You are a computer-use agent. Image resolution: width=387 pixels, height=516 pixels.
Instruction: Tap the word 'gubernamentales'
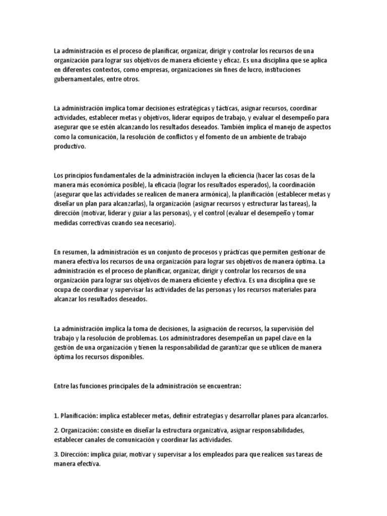click(79, 79)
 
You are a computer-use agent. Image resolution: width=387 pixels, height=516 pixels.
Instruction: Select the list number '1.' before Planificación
click(56, 416)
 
